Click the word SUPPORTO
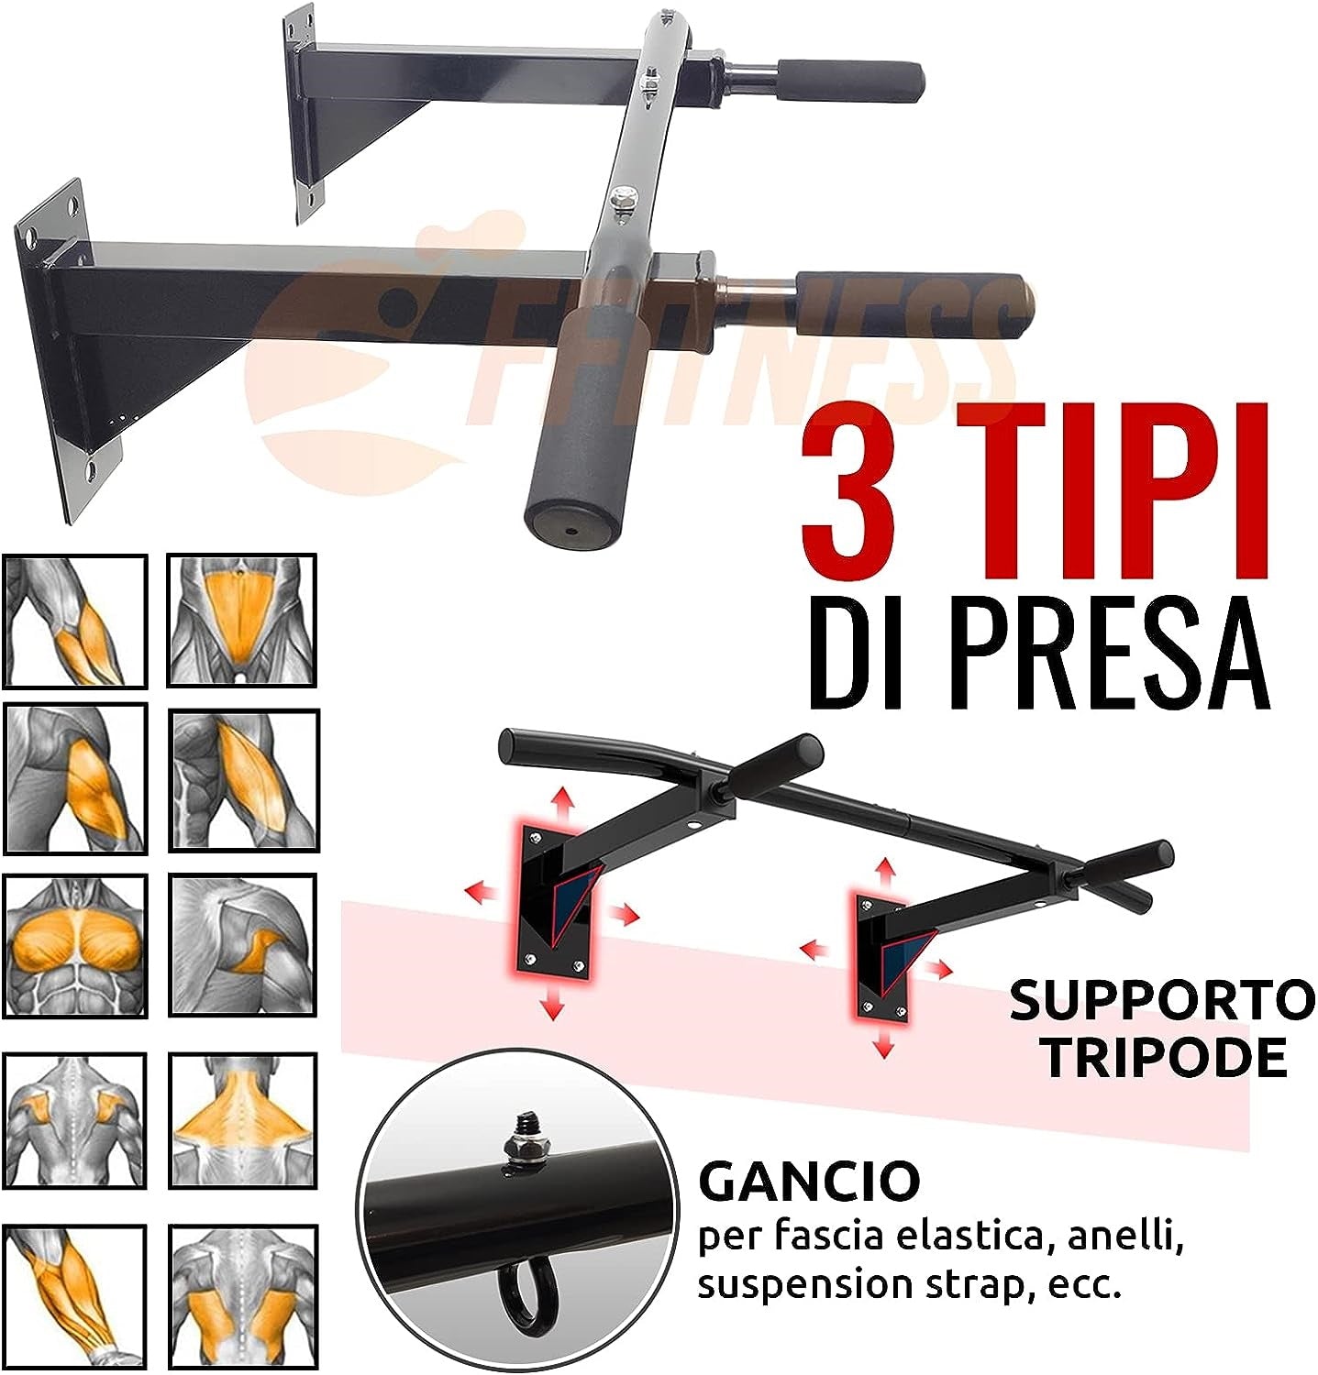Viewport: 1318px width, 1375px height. [x=1162, y=1002]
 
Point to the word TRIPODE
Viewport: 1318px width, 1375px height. [x=1164, y=1057]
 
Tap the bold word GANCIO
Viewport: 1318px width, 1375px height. [x=809, y=1182]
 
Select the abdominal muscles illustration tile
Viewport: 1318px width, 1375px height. [x=241, y=621]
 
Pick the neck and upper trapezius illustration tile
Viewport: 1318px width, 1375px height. [x=243, y=1120]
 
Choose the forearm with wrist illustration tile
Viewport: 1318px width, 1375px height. [x=74, y=1296]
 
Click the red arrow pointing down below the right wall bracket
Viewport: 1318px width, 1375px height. [x=883, y=1041]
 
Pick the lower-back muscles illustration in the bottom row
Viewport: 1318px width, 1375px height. [x=243, y=1296]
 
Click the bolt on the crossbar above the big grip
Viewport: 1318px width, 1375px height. [x=623, y=200]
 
